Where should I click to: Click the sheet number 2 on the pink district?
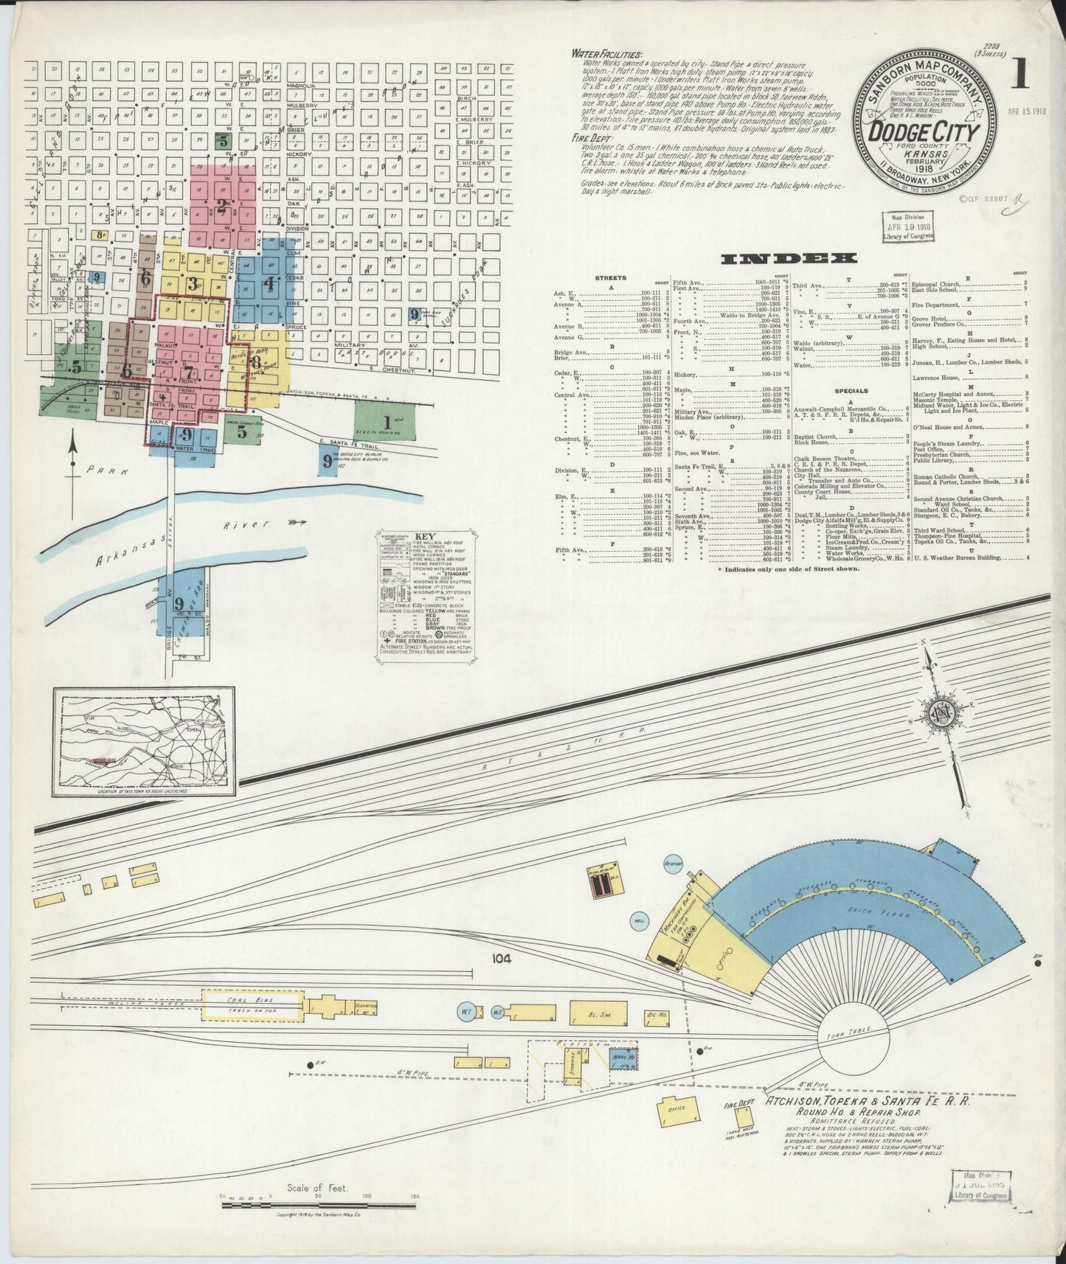coord(221,206)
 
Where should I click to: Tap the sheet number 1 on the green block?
coord(385,423)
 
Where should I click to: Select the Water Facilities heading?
coord(606,54)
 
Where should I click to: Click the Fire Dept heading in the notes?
coord(592,138)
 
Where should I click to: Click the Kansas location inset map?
coord(145,742)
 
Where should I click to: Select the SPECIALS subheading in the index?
coord(852,392)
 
